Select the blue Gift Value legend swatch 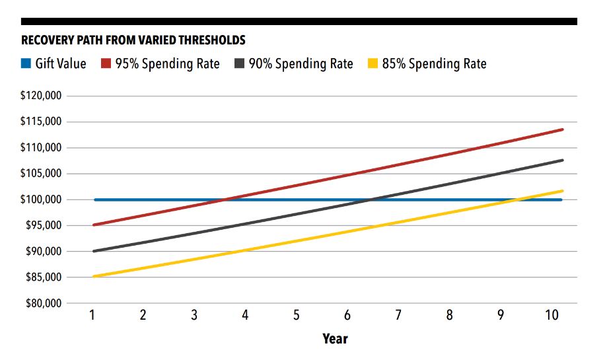tap(26, 64)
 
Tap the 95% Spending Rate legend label tap(168, 64)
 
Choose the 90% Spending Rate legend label tap(301, 64)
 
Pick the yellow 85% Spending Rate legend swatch tap(373, 64)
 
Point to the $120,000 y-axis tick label tap(42, 96)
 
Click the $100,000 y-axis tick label tap(42, 199)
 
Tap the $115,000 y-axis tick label tap(42, 122)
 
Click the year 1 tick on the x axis tap(92, 315)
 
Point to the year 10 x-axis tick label tap(552, 315)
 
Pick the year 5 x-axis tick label tap(297, 315)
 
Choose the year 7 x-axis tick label tap(398, 315)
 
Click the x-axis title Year tap(335, 339)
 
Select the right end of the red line tap(563, 129)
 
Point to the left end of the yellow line tap(94, 276)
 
